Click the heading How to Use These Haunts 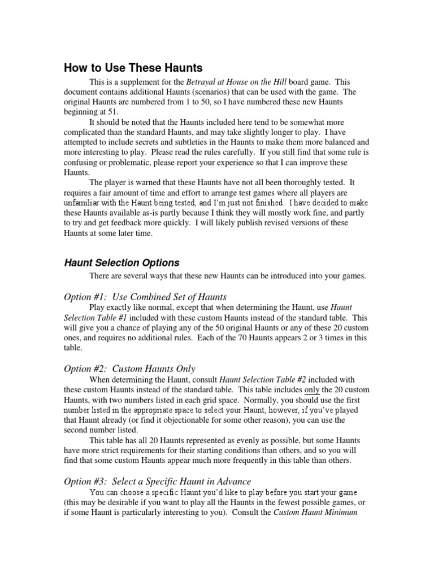133,68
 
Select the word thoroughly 301,183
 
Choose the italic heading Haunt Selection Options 121,262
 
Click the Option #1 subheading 145,297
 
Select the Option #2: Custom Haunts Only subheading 129,369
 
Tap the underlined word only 312,390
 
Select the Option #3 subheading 158,481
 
